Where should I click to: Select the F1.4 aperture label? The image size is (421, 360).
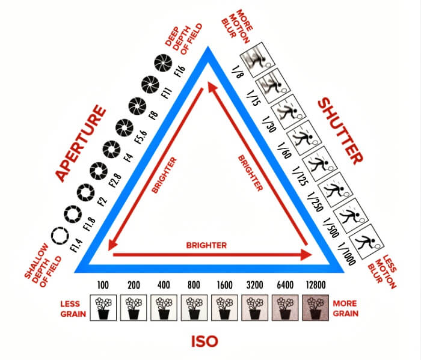(77, 244)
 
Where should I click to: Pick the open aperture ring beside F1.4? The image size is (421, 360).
(60, 236)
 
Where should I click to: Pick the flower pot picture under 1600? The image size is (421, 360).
(223, 306)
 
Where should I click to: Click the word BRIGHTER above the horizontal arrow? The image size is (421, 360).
(206, 245)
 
